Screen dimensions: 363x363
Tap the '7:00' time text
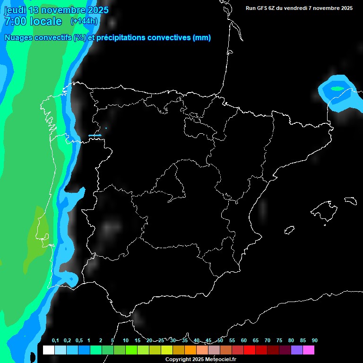click(x=14, y=21)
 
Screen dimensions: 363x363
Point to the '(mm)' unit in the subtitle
click(x=202, y=38)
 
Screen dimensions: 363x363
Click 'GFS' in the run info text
click(x=262, y=8)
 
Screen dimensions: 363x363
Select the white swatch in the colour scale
click(x=48, y=350)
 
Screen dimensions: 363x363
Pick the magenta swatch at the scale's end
click(x=308, y=350)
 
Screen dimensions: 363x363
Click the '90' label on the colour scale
click(x=314, y=341)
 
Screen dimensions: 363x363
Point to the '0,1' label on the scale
click(x=55, y=341)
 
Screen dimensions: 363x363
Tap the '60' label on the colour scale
click(x=243, y=341)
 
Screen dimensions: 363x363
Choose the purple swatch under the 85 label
click(x=296, y=350)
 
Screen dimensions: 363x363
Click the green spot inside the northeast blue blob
click(x=337, y=88)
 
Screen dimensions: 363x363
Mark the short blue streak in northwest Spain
click(x=95, y=136)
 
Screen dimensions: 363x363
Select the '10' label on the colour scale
click(x=126, y=341)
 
